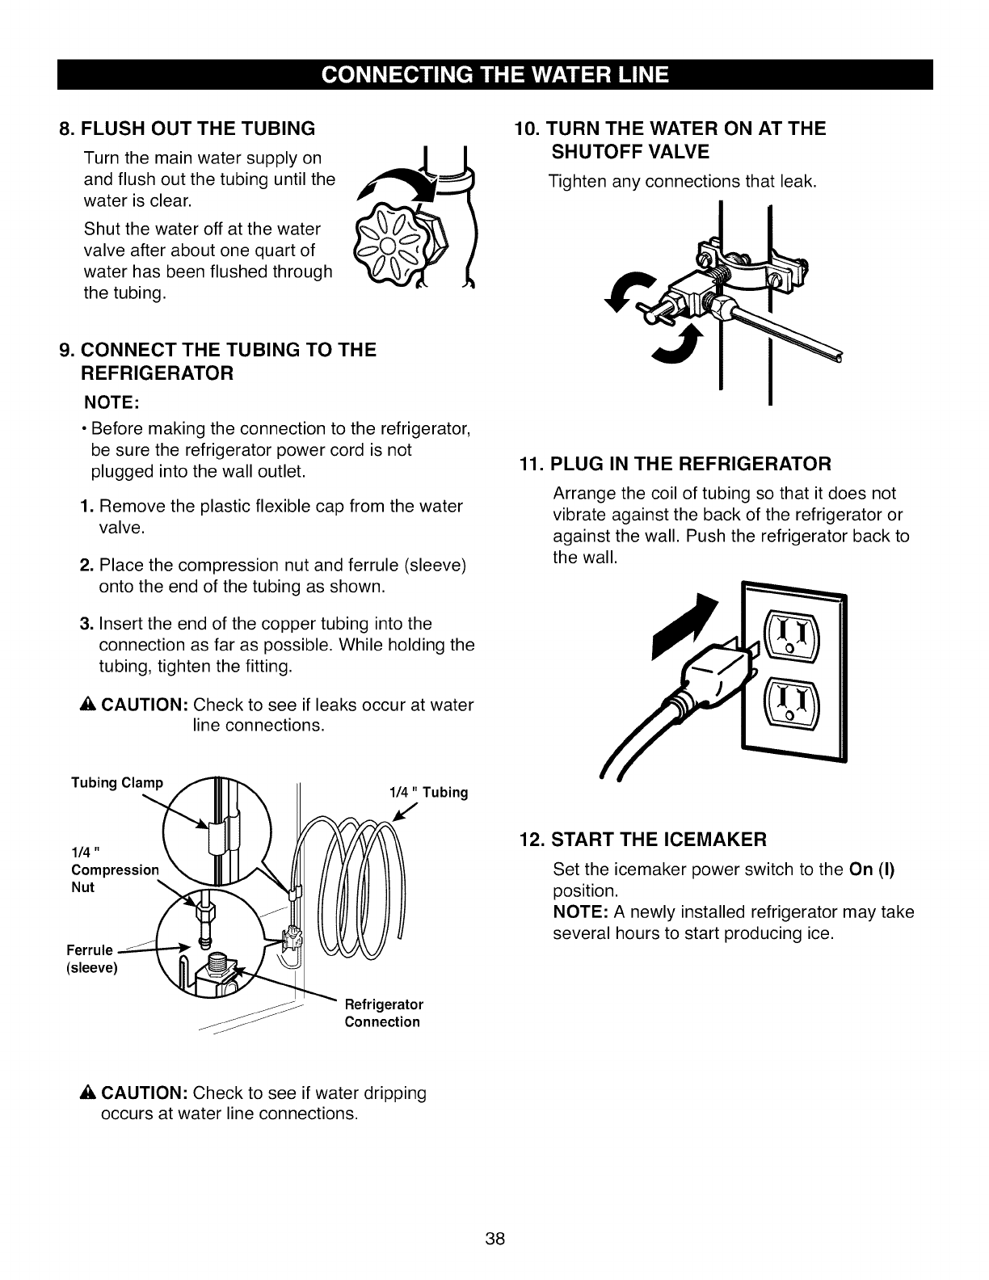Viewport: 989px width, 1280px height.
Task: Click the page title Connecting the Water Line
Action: coord(494,74)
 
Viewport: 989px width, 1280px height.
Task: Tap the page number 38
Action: coord(494,1239)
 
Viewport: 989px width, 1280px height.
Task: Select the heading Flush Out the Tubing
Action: coord(187,128)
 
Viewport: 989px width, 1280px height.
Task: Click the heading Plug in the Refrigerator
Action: coord(675,464)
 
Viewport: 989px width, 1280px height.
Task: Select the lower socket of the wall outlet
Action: coord(790,700)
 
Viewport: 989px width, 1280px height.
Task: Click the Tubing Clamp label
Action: coord(117,783)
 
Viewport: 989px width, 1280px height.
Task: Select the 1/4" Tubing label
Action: coord(428,792)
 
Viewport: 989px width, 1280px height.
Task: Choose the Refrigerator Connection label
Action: coord(384,1013)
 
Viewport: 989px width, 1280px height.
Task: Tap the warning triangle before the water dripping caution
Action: coord(88,1093)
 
